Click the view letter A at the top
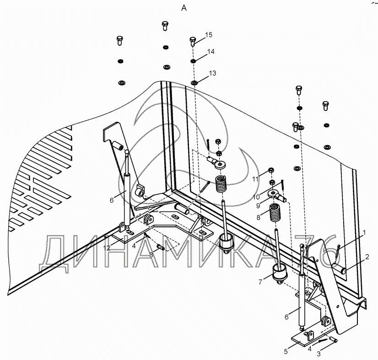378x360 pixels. [x=184, y=8]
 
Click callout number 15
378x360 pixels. [x=209, y=35]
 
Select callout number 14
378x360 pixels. [x=211, y=52]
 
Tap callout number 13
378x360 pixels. [x=213, y=73]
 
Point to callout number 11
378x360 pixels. [x=255, y=179]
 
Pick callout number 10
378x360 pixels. [x=256, y=197]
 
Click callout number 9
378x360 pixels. [x=258, y=206]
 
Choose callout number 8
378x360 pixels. [x=259, y=218]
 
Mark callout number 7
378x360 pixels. [x=260, y=282]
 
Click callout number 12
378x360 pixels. [x=107, y=248]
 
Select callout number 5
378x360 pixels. [x=286, y=352]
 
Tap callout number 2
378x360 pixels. [x=367, y=257]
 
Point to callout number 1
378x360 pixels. [x=364, y=233]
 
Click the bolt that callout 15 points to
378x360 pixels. [x=193, y=41]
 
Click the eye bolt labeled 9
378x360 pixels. [x=276, y=195]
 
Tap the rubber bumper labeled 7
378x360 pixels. [x=280, y=273]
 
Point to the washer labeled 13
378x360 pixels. [x=194, y=83]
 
